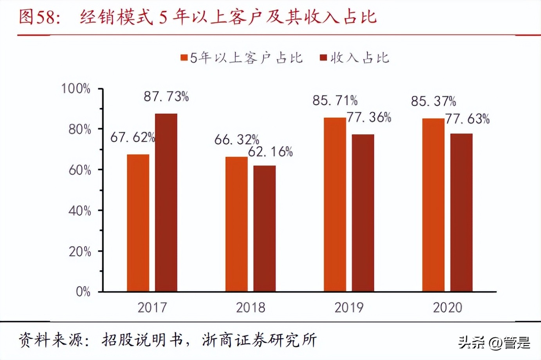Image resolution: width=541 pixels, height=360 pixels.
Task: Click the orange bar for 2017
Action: click(x=138, y=223)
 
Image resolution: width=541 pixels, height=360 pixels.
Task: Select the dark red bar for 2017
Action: click(x=166, y=203)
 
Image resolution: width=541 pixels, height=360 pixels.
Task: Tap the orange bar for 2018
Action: click(x=236, y=224)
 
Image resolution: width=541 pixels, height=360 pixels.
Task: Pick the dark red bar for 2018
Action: click(x=264, y=229)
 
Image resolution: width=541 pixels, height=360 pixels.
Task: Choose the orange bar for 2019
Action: click(x=335, y=205)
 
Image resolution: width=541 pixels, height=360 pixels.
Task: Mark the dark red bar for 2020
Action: click(x=461, y=212)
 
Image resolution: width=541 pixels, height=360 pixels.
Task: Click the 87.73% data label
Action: click(x=166, y=96)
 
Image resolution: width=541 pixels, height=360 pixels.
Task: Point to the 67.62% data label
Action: click(x=132, y=137)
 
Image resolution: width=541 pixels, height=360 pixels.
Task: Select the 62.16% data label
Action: click(x=270, y=152)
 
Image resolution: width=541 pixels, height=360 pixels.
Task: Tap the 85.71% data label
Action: click(x=335, y=101)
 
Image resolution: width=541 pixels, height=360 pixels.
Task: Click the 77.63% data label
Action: click(x=467, y=119)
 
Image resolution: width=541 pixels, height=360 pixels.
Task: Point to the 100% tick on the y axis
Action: click(x=76, y=89)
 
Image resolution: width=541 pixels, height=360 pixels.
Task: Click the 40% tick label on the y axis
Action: click(x=79, y=211)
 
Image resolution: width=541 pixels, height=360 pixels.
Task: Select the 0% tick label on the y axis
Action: click(x=83, y=292)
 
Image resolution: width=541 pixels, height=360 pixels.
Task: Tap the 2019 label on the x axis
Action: click(x=349, y=308)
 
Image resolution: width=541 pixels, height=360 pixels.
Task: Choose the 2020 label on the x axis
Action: click(x=447, y=308)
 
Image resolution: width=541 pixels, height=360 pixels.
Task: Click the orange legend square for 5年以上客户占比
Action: click(x=184, y=58)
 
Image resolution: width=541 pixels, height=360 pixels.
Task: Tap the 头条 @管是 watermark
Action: click(x=494, y=343)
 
